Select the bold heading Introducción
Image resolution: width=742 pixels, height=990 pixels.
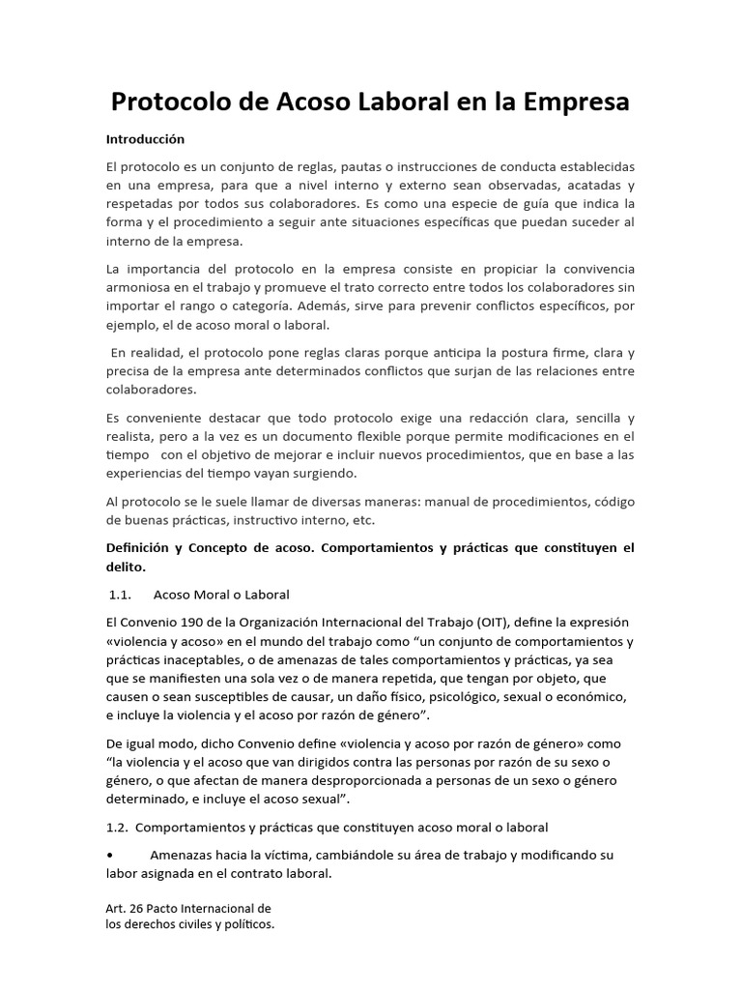pyautogui.click(x=145, y=139)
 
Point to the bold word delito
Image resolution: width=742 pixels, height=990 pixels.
pyautogui.click(x=126, y=568)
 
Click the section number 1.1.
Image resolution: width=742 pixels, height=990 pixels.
pyautogui.click(x=121, y=594)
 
